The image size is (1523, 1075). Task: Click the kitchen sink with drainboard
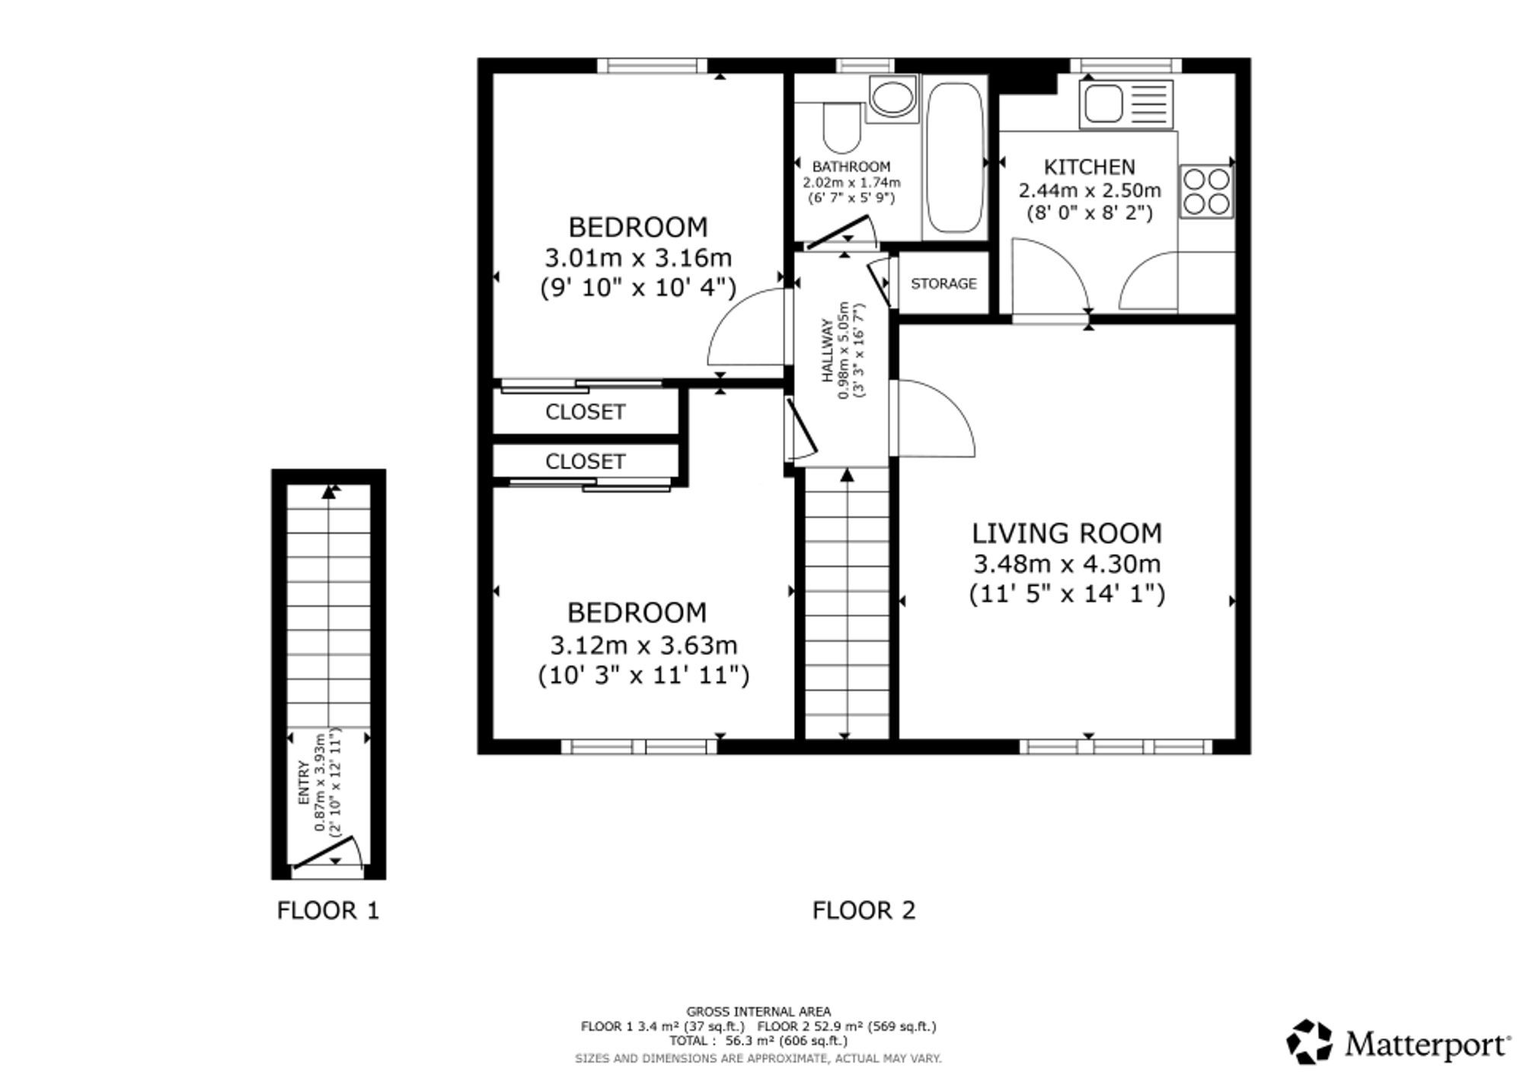pos(1125,104)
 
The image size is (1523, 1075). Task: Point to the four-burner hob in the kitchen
pos(1206,192)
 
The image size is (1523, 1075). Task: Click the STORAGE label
pos(943,283)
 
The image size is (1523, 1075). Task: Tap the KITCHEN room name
pos(1089,167)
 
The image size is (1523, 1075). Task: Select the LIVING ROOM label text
pos(1067,534)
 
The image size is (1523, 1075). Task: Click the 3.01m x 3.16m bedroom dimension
pos(638,257)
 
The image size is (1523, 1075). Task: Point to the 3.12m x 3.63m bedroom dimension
pos(644,646)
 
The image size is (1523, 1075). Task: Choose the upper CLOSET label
pos(585,412)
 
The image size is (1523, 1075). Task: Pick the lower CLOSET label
pos(585,461)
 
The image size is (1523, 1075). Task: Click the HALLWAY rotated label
pos(827,349)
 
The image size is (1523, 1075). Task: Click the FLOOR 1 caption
pos(327,910)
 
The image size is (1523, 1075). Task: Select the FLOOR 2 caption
pos(864,910)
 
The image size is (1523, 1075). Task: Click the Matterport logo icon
pos(1310,1042)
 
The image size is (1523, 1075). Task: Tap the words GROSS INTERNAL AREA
pos(758,1012)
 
